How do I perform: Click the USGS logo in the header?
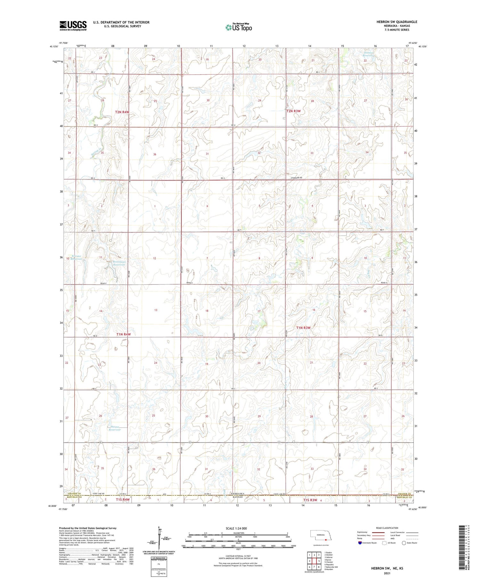73,26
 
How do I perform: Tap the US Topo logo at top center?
239,27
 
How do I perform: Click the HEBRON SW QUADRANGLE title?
396,22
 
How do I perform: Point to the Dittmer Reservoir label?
369,54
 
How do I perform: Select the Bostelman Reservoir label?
119,263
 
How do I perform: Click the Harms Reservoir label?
115,428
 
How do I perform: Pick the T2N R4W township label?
122,112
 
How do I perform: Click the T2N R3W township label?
293,111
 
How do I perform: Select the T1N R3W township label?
303,328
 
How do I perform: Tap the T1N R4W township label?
124,334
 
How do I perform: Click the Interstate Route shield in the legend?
360,543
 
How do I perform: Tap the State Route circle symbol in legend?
404,543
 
